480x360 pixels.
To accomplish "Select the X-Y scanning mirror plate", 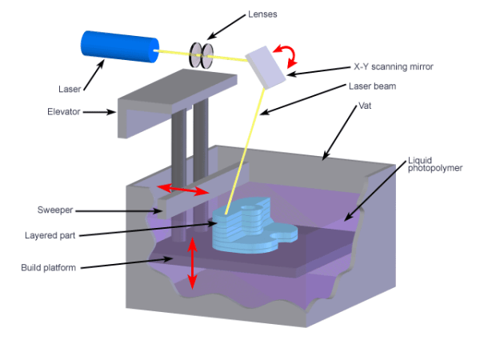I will (x=266, y=66).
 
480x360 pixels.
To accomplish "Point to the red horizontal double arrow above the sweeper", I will (x=182, y=190).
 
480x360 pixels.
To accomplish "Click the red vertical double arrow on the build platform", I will (x=191, y=265).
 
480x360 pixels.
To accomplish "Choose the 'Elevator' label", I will (x=65, y=112).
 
